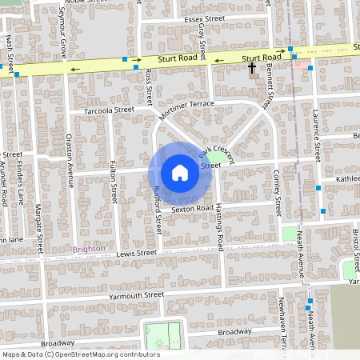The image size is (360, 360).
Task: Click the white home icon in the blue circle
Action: click(x=179, y=173)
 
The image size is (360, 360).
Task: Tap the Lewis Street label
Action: click(x=137, y=253)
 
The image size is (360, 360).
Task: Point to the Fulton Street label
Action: click(x=114, y=180)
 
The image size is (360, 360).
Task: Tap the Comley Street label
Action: click(x=277, y=186)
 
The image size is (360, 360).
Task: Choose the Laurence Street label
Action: click(x=316, y=133)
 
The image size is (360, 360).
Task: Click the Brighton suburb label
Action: click(x=88, y=249)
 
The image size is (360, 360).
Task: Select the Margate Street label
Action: click(x=38, y=223)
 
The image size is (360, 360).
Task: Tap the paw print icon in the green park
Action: click(x=159, y=342)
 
